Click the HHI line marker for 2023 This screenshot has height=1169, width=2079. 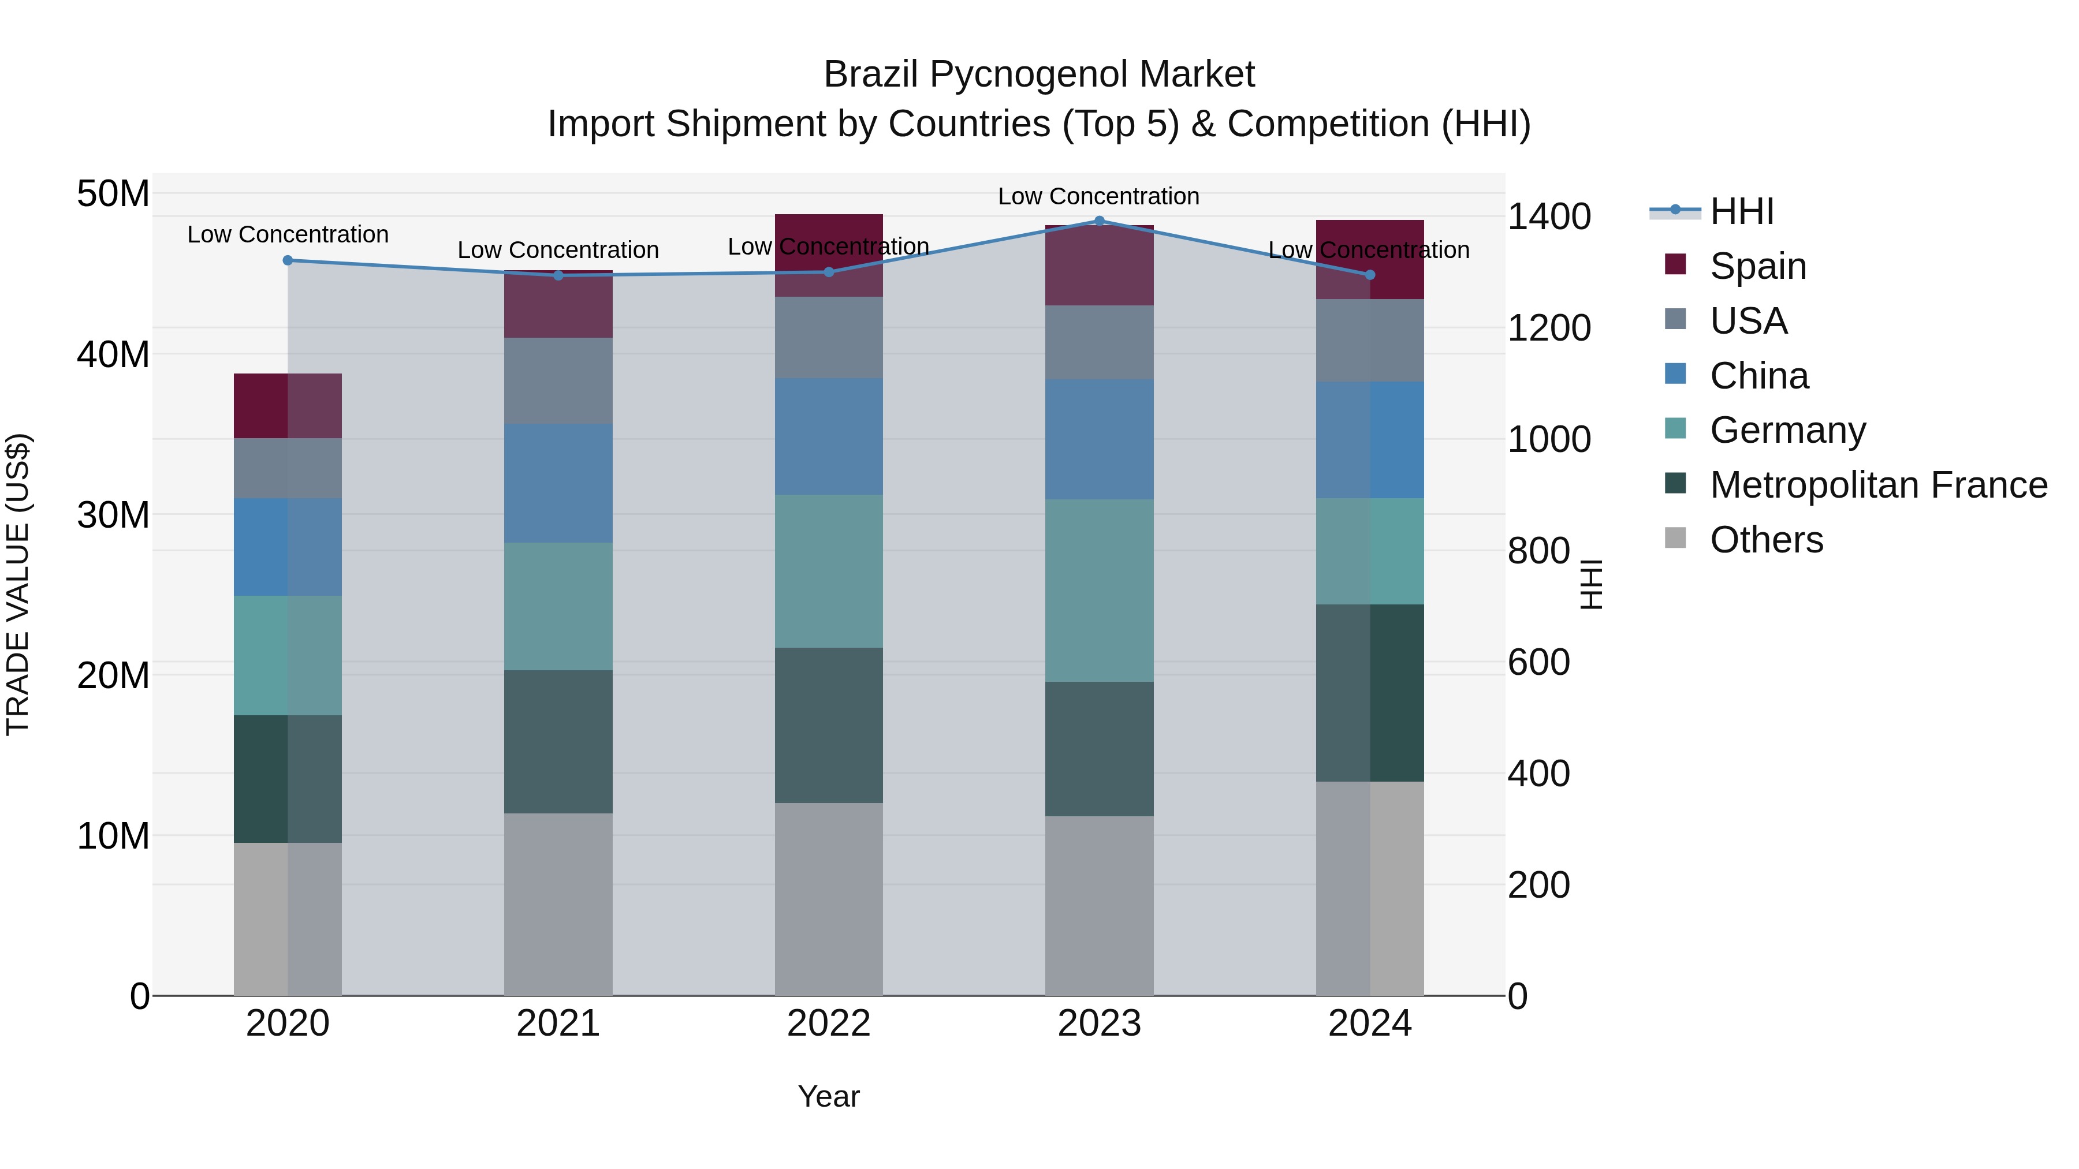coord(1098,221)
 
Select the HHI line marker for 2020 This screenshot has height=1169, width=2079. coord(288,260)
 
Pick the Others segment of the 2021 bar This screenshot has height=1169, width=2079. coord(558,903)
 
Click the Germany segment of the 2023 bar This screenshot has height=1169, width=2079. coord(1098,590)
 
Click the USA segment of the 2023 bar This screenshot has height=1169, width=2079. coord(1098,342)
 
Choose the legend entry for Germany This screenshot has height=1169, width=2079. coord(1787,430)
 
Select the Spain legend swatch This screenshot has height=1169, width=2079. coord(1675,264)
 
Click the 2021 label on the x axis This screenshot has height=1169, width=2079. coord(558,1024)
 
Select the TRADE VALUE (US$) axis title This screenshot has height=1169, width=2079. coord(18,584)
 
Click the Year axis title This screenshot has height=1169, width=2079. coord(828,1096)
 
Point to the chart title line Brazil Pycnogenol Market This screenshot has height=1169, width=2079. coord(1039,74)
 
